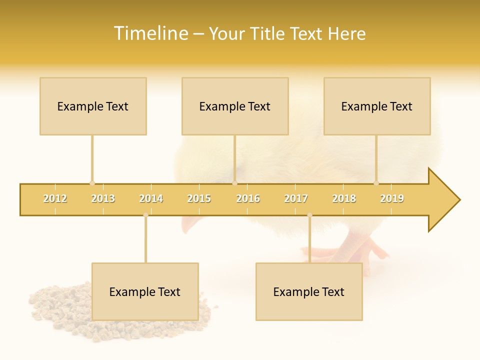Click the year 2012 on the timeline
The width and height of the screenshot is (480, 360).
pos(55,198)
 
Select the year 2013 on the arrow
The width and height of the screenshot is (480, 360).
pos(103,198)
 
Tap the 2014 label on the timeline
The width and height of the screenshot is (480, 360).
pos(151,198)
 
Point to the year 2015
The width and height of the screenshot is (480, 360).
pos(199,198)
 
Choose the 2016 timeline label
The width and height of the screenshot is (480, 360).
pos(248,198)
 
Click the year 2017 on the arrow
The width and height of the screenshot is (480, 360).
pos(296,198)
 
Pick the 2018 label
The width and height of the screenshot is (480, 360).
pos(344,198)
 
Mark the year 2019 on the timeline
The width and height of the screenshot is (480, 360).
pos(392,198)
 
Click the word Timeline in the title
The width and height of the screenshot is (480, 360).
pos(150,33)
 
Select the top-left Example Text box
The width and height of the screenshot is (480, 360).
pos(93,106)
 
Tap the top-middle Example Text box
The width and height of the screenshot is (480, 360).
pos(235,106)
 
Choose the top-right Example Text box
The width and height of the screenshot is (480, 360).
pos(377,106)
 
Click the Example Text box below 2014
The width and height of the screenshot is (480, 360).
pos(145,291)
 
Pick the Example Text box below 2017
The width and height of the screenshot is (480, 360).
pos(309,291)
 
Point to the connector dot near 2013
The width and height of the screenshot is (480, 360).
pos(92,183)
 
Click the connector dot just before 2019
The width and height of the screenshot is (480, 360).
pos(376,183)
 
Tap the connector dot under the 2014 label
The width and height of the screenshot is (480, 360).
pos(145,215)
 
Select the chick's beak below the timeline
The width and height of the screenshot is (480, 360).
pos(189,225)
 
